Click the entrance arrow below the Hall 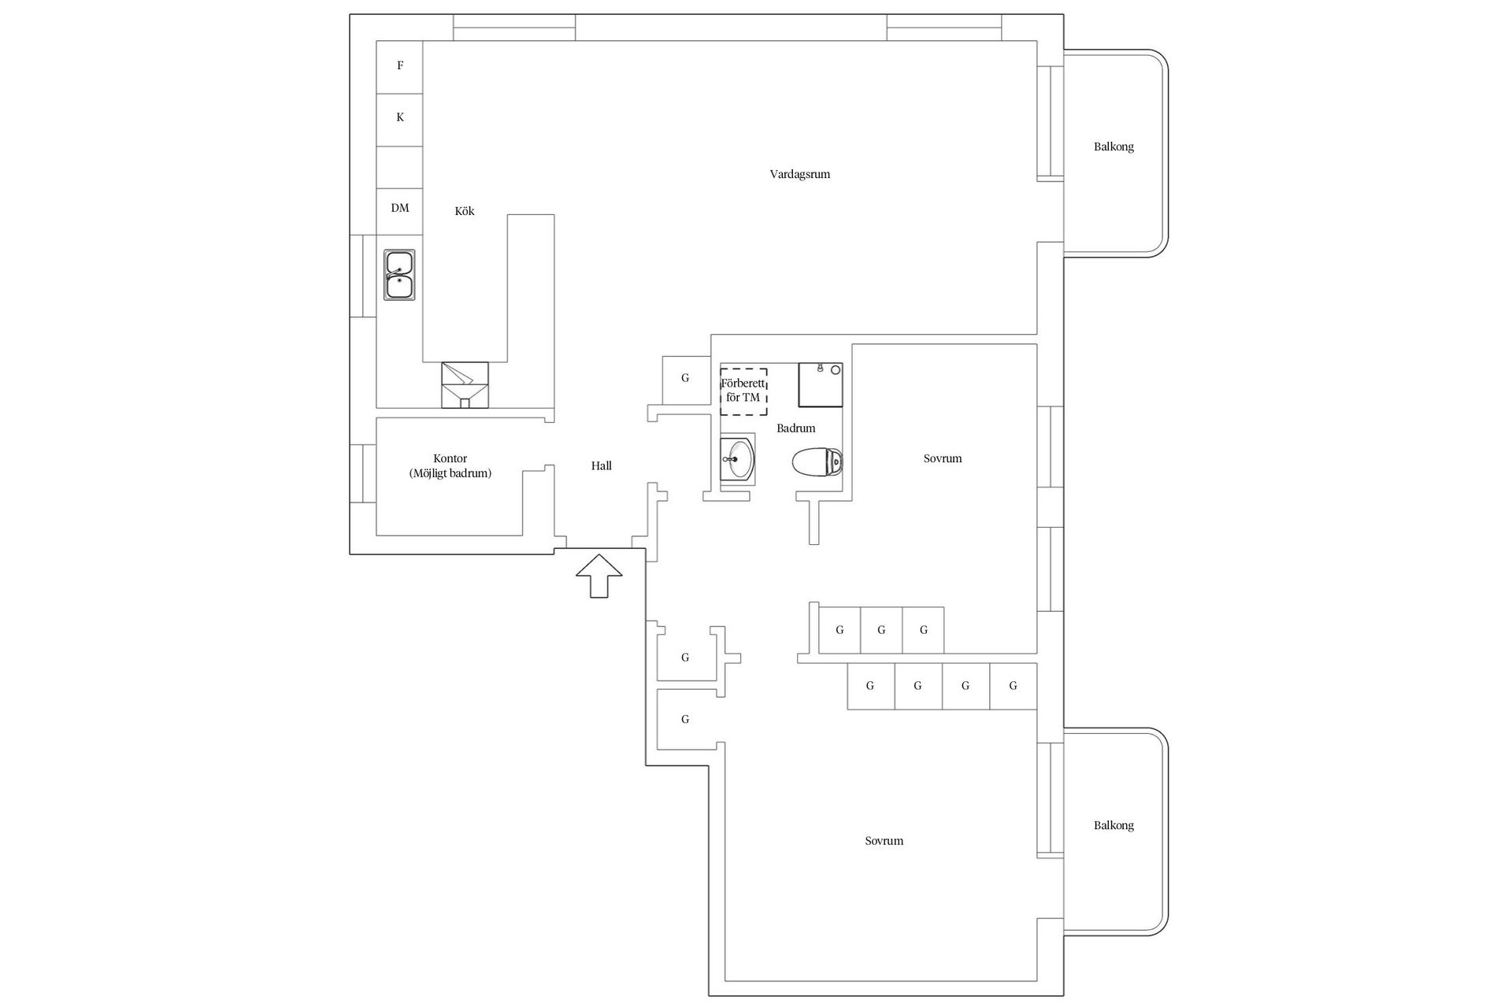[x=598, y=576]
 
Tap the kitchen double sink [x=399, y=275]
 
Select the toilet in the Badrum [x=817, y=463]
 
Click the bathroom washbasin [x=738, y=459]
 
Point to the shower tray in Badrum [x=821, y=384]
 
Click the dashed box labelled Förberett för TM [x=743, y=391]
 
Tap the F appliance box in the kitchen [x=400, y=66]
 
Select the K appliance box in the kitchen [x=400, y=118]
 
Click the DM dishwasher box [x=400, y=209]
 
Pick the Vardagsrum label [x=799, y=174]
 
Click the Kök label [x=465, y=211]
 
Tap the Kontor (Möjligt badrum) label [x=450, y=466]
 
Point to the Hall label [x=601, y=466]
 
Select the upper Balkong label [x=1114, y=147]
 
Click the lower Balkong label [x=1114, y=825]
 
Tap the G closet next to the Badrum [x=685, y=379]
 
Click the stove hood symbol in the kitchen [x=465, y=384]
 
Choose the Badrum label [x=795, y=428]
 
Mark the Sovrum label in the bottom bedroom [x=884, y=841]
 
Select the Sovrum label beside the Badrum [x=942, y=458]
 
